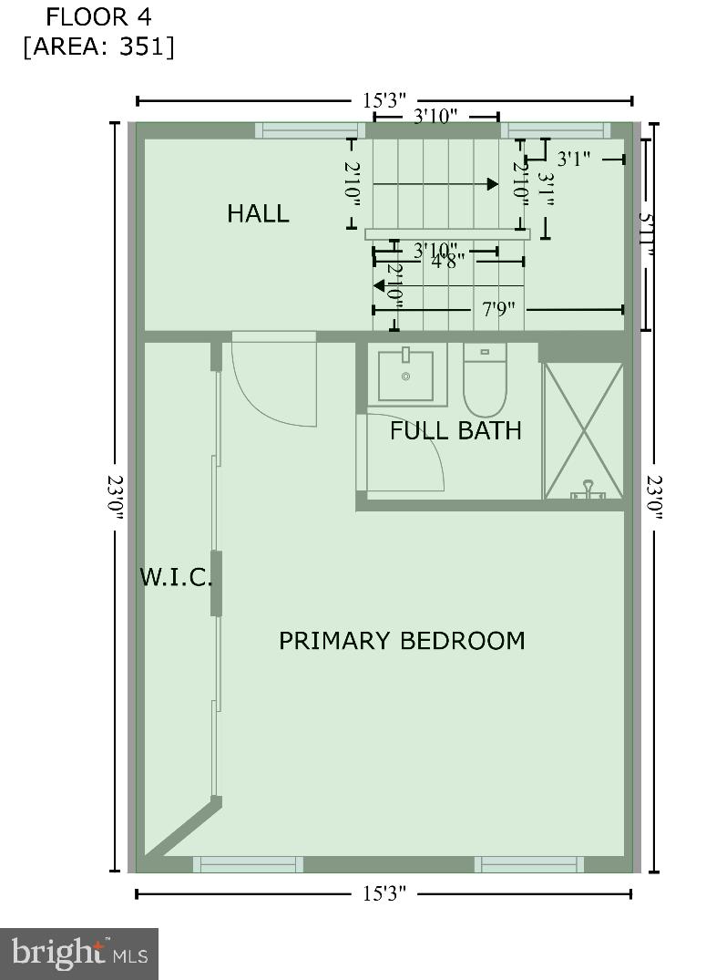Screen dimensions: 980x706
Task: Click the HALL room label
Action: pos(258,213)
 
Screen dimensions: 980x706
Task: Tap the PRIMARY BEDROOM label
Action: pos(402,640)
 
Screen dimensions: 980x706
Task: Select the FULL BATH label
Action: pos(455,430)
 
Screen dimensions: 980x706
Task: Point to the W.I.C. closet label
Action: pos(176,577)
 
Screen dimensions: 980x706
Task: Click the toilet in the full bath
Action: pos(486,381)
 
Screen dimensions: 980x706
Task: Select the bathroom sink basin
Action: pos(406,375)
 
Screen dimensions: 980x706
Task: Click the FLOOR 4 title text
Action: pos(99,16)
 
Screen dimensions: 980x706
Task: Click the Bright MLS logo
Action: pos(79,954)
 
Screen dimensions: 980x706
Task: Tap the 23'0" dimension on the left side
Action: pos(116,497)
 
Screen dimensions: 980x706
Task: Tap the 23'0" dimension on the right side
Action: pos(654,497)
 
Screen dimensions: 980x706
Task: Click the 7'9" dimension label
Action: pos(498,309)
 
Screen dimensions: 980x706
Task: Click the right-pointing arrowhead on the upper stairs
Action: pos(493,184)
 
